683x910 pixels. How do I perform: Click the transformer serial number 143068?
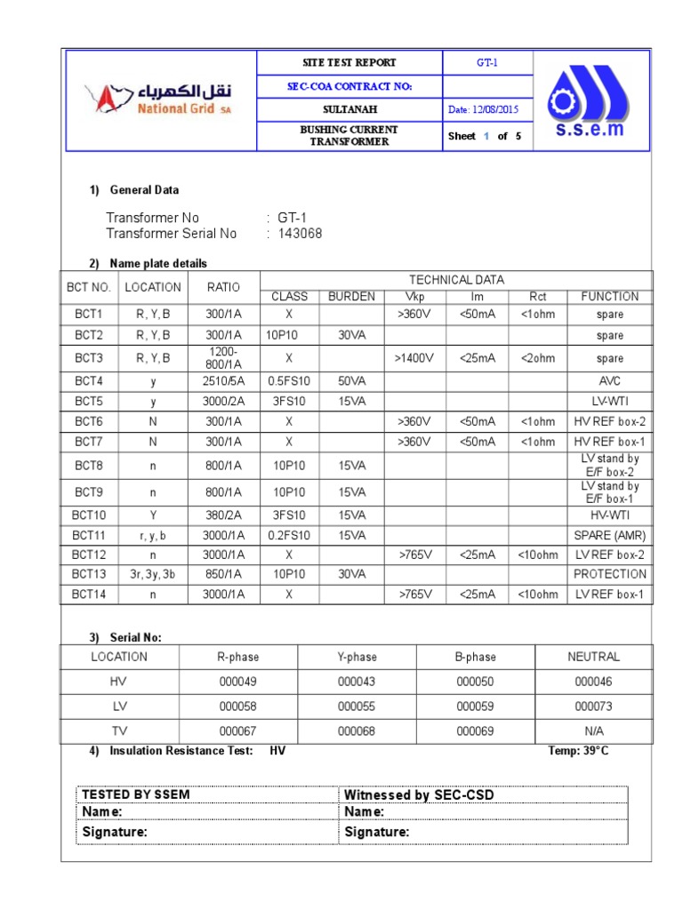click(300, 234)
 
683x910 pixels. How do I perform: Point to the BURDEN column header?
click(351, 297)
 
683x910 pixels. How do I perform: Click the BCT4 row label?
click(88, 379)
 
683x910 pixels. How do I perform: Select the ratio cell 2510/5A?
click(223, 379)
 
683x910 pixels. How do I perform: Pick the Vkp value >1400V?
click(415, 358)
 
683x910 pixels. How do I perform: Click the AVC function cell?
click(609, 379)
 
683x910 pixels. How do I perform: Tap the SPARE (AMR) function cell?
click(609, 535)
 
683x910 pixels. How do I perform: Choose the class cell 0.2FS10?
click(288, 535)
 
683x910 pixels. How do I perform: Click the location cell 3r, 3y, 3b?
click(153, 574)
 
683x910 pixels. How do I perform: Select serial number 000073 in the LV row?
click(593, 706)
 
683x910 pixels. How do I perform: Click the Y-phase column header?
click(357, 657)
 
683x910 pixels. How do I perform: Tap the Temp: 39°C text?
click(579, 751)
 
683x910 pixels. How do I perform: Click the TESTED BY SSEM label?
click(135, 794)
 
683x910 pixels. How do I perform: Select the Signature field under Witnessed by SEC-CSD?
click(377, 832)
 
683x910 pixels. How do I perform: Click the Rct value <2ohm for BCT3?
click(538, 358)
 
